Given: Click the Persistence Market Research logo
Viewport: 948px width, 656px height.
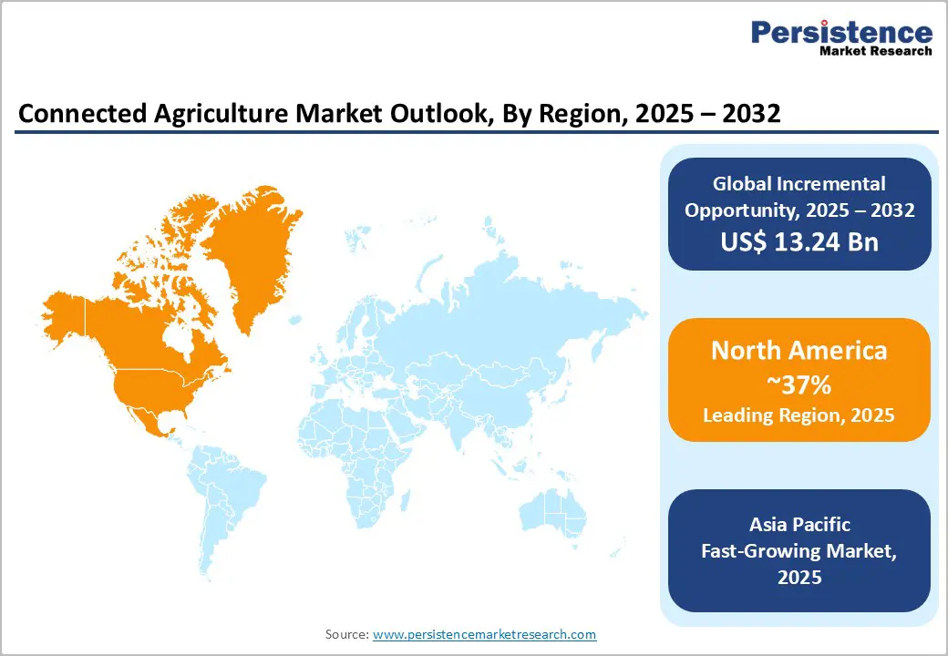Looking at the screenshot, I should [x=841, y=38].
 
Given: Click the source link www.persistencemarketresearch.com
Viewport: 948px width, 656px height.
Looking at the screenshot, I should [x=484, y=634].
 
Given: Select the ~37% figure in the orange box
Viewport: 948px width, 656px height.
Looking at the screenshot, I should [x=799, y=384].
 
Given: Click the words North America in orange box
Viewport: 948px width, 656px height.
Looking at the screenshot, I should [x=799, y=351].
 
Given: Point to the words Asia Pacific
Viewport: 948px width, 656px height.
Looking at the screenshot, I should [x=799, y=525].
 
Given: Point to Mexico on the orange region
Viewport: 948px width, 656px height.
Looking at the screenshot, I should [x=146, y=419].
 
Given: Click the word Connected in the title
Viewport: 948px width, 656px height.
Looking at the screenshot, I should [x=71, y=113].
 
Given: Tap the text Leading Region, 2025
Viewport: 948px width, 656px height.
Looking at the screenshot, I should [x=799, y=415].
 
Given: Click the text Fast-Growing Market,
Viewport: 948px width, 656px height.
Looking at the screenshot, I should [x=799, y=551].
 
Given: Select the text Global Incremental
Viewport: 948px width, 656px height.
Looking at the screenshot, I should [x=799, y=184].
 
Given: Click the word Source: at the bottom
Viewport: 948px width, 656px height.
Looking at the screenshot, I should [x=347, y=634].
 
